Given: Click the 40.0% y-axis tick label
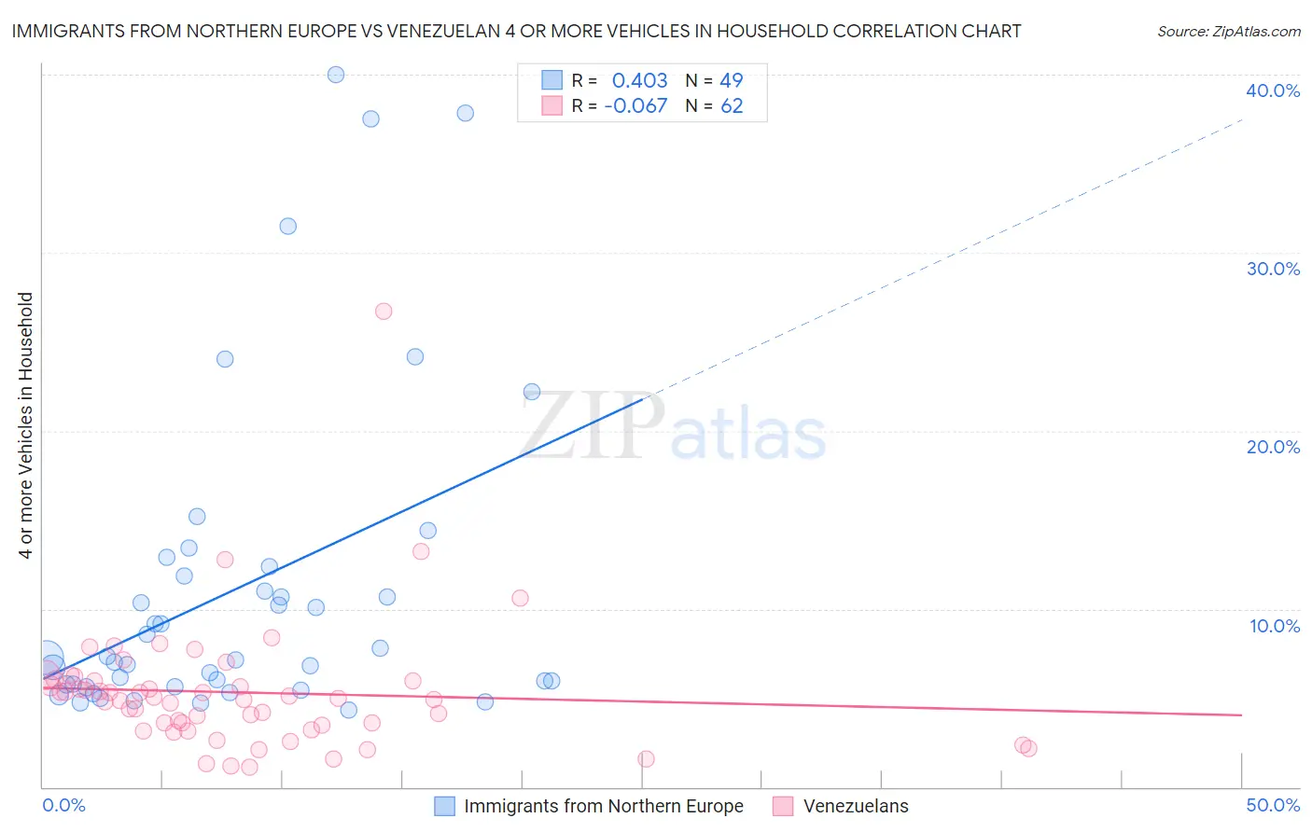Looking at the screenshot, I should click(x=1273, y=90).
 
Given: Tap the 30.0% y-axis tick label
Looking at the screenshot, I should click(x=1273, y=269).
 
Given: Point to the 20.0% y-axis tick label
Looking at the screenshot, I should click(x=1273, y=447).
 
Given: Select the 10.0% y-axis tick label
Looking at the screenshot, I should click(x=1275, y=626).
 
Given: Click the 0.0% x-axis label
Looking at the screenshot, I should click(x=63, y=805).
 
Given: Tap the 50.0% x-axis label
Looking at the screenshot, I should click(x=1273, y=805).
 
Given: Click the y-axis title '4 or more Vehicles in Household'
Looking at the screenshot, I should click(x=26, y=425).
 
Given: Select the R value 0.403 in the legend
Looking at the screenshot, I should click(x=639, y=81).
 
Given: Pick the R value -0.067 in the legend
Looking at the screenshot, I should click(x=635, y=106).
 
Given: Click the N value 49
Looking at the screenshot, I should click(x=732, y=81).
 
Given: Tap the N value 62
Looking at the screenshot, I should click(x=732, y=106).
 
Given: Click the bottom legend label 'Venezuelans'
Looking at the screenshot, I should click(x=856, y=806).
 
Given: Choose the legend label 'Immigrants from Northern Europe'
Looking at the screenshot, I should click(x=604, y=806).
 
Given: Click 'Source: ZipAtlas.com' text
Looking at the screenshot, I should click(x=1229, y=32).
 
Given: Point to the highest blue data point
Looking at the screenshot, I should click(x=336, y=75).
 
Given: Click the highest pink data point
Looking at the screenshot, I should click(x=384, y=312).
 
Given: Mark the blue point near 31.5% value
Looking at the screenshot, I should click(x=288, y=227).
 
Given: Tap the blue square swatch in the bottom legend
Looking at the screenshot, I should click(x=445, y=806).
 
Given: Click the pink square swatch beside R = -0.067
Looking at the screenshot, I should click(x=552, y=106).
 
